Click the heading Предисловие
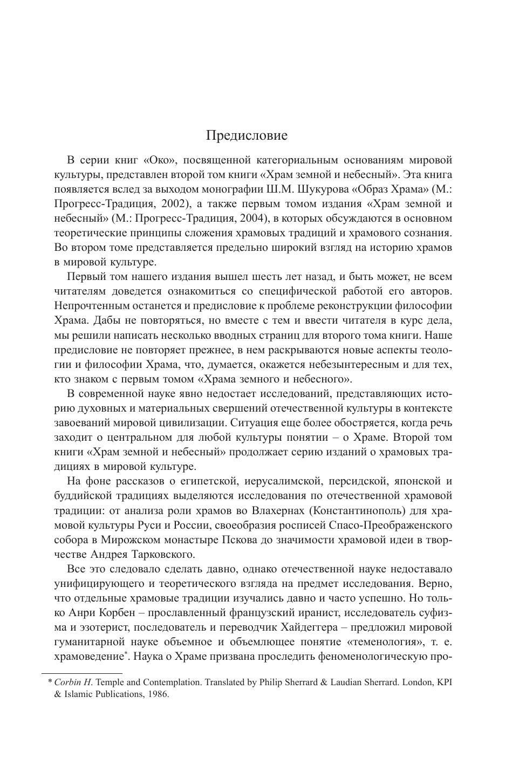(x=247, y=135)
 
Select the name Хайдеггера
(x=310, y=627)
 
